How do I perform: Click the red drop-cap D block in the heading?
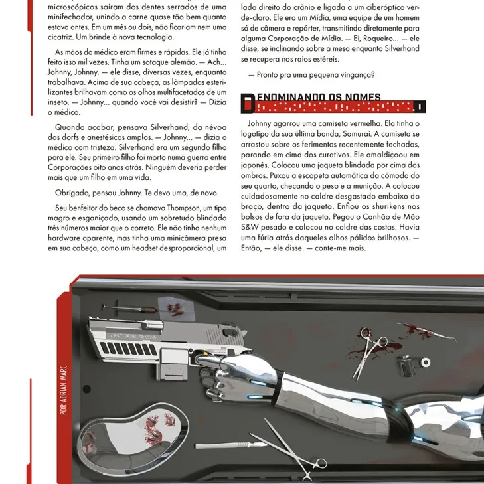point(248,102)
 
